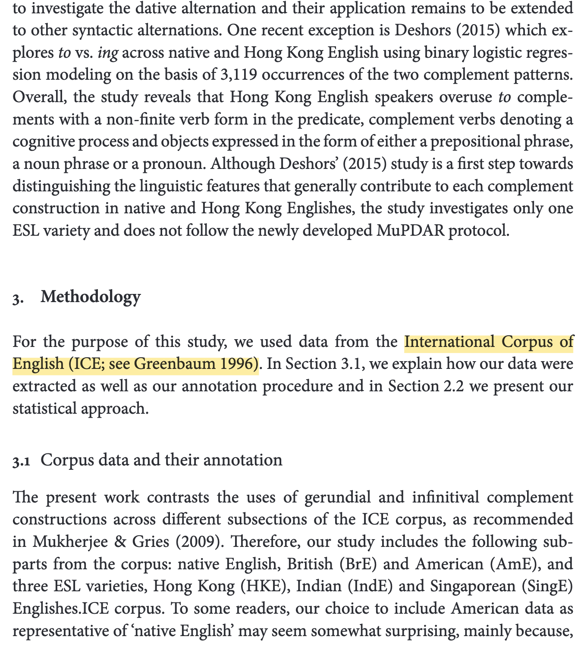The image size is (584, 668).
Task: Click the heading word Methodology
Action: point(91,297)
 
